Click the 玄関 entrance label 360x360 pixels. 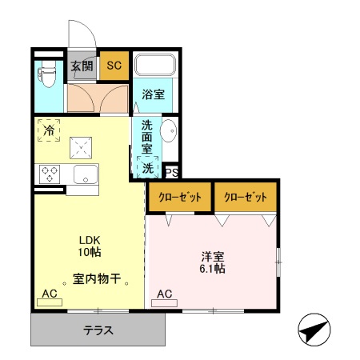click(82, 66)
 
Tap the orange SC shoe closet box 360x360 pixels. click(114, 66)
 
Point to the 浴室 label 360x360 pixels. click(154, 94)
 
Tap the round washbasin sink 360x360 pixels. click(169, 130)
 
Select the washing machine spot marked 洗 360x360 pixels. click(148, 168)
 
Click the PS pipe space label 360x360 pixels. click(170, 172)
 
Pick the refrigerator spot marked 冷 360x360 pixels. click(49, 130)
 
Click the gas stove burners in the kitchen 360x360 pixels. click(50, 173)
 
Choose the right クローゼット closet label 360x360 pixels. click(245, 197)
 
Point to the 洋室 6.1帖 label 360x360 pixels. click(213, 262)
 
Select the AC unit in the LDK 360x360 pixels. click(50, 294)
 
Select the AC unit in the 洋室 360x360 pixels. click(164, 294)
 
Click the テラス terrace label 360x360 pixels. click(98, 330)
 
